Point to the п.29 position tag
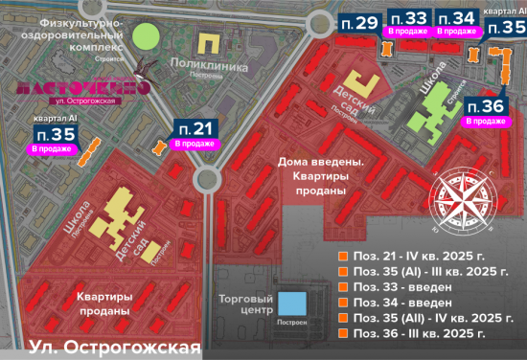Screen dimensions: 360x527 coord(359,22)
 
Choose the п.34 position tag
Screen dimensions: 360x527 coord(456,17)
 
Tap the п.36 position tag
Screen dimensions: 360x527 coord(487,105)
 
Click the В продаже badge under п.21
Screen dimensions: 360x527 coord(195,144)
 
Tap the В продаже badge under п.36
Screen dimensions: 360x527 coord(486,122)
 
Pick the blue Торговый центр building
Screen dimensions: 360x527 coord(292,304)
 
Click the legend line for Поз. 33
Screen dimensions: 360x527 coord(400,287)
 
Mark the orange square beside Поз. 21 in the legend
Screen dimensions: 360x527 coord(343,257)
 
